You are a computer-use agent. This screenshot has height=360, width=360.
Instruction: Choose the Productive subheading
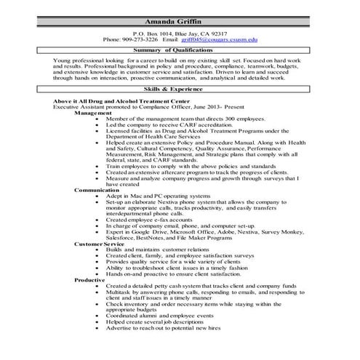coord(89,279)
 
